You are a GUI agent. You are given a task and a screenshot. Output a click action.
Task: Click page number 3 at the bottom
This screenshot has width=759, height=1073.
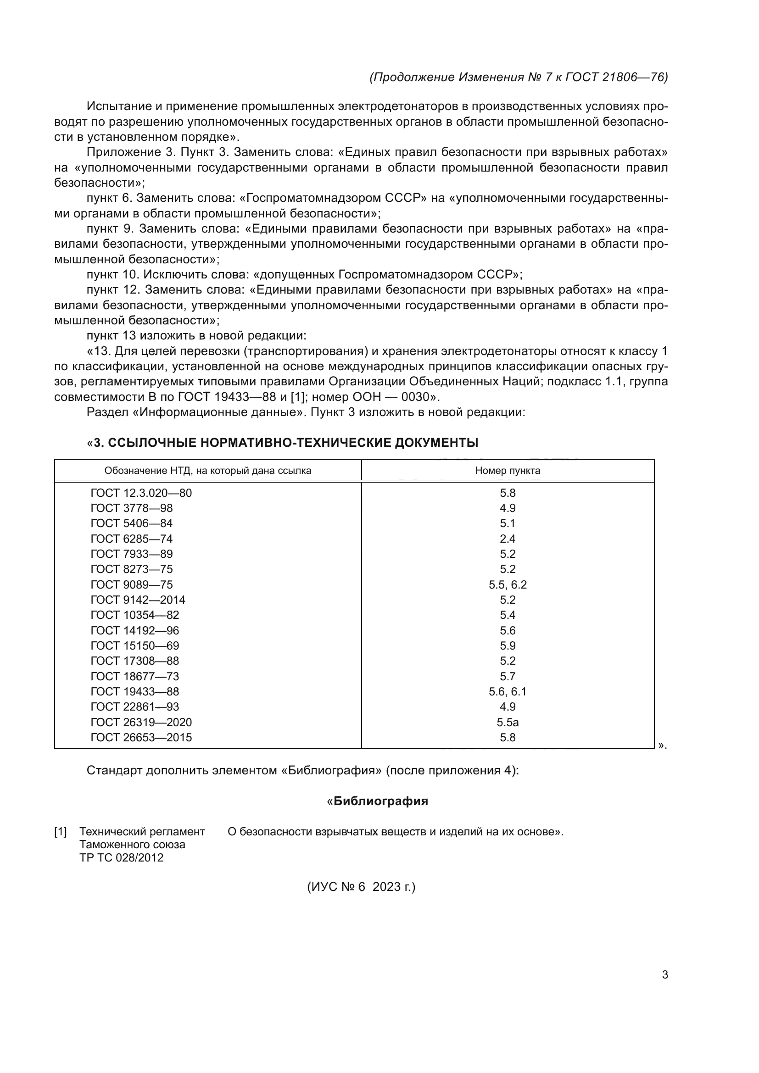[664, 975]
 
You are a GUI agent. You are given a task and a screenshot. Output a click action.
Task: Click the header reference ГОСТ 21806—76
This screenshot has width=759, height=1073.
[615, 77]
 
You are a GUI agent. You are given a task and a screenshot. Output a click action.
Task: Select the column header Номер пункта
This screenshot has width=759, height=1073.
[507, 471]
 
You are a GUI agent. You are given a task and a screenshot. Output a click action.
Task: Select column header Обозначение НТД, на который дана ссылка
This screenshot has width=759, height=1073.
[207, 471]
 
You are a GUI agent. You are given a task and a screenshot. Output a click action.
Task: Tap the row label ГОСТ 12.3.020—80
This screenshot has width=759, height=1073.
[141, 493]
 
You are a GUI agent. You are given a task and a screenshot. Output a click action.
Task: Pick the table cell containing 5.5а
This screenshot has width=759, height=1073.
[507, 723]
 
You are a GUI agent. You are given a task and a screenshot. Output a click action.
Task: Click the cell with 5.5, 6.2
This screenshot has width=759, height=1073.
[507, 584]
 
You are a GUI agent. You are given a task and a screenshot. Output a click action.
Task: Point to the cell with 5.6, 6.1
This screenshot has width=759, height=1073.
[507, 692]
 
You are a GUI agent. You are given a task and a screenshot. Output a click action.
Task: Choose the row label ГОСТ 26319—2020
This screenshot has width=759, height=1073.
[141, 723]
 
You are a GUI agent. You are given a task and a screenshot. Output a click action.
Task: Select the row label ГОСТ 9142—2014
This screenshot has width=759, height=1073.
[138, 600]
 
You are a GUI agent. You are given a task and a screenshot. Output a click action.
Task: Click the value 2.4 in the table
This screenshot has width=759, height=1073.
[507, 539]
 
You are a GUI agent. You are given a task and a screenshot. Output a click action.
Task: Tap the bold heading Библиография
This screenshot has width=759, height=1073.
[380, 801]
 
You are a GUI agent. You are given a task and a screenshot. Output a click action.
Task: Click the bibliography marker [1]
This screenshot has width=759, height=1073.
[60, 832]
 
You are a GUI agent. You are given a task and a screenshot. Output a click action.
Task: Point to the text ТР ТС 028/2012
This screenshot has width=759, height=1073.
[121, 857]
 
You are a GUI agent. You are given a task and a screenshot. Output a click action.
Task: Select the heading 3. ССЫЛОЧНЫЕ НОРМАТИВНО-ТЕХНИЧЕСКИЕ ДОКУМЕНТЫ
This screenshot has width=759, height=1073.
[285, 443]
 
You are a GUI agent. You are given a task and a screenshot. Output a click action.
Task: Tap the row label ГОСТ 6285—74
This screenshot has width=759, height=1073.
[131, 539]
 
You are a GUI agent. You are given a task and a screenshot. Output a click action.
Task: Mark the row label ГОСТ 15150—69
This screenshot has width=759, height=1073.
[134, 646]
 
